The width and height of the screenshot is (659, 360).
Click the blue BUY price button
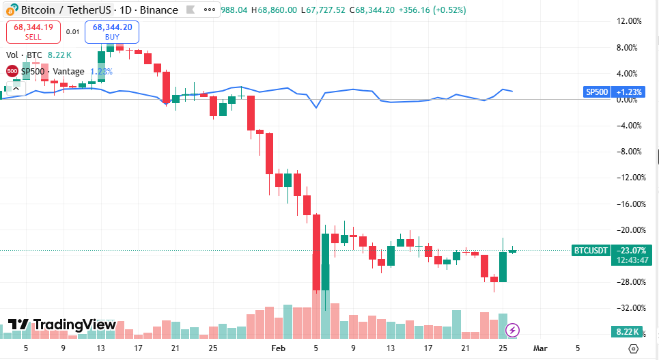[112, 32]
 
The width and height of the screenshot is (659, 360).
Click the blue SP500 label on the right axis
[597, 92]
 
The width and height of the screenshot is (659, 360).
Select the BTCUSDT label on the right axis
[591, 251]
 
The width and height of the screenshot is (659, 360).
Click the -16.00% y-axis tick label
[628, 204]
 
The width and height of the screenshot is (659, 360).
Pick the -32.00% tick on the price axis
[628, 308]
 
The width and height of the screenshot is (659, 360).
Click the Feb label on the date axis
[279, 348]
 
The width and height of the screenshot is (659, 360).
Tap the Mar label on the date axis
[540, 348]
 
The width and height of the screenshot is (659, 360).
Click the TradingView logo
[62, 325]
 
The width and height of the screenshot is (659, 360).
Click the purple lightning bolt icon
[512, 331]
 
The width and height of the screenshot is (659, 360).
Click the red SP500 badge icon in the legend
[12, 71]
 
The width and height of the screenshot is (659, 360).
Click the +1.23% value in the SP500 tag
[628, 92]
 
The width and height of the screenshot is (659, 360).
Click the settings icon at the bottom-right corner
[633, 348]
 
